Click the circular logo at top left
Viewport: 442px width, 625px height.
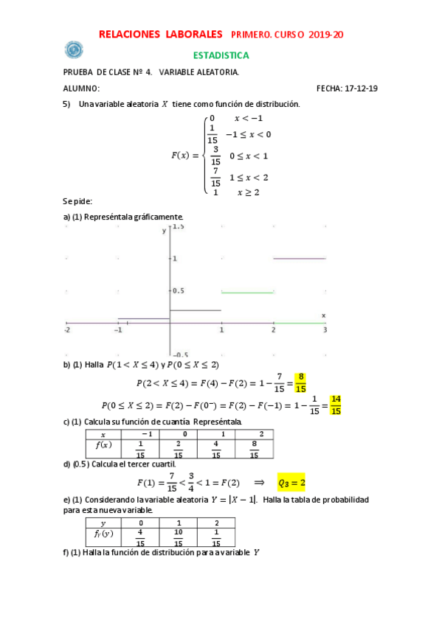point(74,50)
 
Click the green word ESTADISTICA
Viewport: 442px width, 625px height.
point(221,55)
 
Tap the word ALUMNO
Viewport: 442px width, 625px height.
point(81,88)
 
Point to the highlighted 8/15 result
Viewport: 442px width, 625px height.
point(300,383)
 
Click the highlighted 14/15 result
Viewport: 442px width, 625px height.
point(336,405)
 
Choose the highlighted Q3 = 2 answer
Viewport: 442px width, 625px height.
point(291,483)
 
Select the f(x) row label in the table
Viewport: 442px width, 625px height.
point(103,446)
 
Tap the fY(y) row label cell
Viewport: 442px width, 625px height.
point(103,533)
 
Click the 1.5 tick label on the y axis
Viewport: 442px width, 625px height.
point(179,228)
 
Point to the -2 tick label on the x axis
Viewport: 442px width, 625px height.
point(67,331)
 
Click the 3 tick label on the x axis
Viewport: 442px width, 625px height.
point(325,331)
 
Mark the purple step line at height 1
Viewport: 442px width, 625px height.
point(299,259)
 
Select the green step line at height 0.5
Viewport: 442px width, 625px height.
point(247,293)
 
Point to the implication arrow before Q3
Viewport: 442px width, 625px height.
point(259,483)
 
